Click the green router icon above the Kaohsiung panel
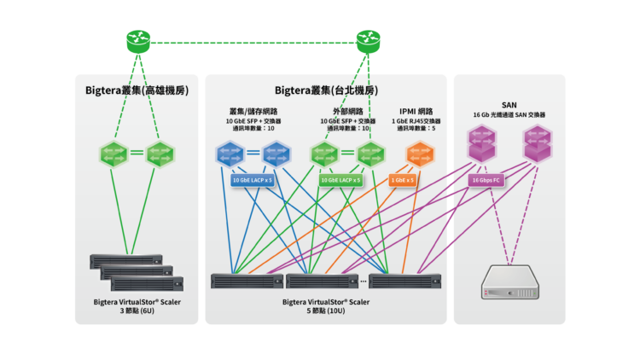click(x=137, y=40)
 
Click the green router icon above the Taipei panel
click(x=368, y=40)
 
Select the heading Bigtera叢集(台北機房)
click(x=325, y=90)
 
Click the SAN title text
click(x=509, y=105)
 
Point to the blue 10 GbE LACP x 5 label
click(x=252, y=180)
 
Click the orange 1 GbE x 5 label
click(x=403, y=180)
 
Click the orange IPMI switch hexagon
click(x=420, y=154)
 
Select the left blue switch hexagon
click(x=228, y=154)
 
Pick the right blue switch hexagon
click(x=275, y=154)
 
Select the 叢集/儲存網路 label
click(x=253, y=112)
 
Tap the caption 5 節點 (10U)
click(x=325, y=311)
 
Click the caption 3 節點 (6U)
click(x=137, y=311)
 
